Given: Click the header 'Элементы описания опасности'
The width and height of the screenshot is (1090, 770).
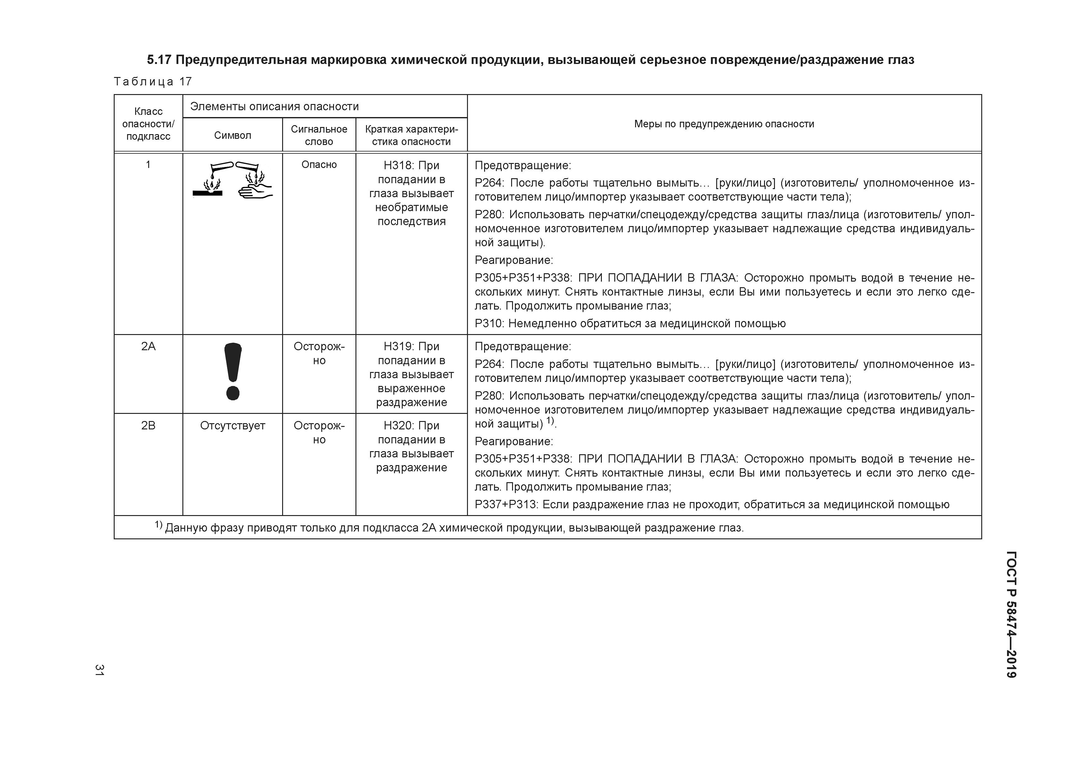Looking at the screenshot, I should tap(274, 106).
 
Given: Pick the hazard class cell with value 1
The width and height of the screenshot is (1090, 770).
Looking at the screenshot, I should tap(148, 165).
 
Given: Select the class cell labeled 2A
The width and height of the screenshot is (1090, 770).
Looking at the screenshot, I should tap(148, 346).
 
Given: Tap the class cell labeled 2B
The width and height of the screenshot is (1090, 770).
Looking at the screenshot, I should tap(148, 426).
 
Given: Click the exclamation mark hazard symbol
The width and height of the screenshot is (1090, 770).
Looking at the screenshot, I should tap(233, 371).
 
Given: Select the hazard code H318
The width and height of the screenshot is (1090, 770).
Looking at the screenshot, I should tap(398, 165).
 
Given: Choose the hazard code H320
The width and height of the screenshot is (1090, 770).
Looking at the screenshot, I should tap(398, 426).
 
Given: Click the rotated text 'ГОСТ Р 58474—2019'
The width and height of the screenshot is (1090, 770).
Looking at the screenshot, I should tap(1011, 614).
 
